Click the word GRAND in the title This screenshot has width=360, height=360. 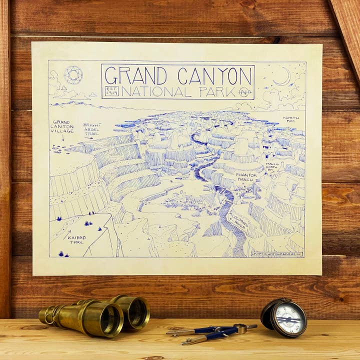coord(135,75)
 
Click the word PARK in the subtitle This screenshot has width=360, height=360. coord(216,92)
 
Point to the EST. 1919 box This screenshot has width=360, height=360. coord(111,91)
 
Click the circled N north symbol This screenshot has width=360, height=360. coord(244,92)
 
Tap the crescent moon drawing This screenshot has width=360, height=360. coord(283,76)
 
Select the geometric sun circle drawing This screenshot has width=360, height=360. coord(73,75)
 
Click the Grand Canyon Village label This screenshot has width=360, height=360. coord(61,126)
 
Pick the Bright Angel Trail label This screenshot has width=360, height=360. coord(92,129)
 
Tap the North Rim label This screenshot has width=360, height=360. coord(291,120)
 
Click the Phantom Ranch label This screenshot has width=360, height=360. coord(246,177)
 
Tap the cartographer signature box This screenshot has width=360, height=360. coord(277,253)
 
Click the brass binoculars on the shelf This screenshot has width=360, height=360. coord(95,315)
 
